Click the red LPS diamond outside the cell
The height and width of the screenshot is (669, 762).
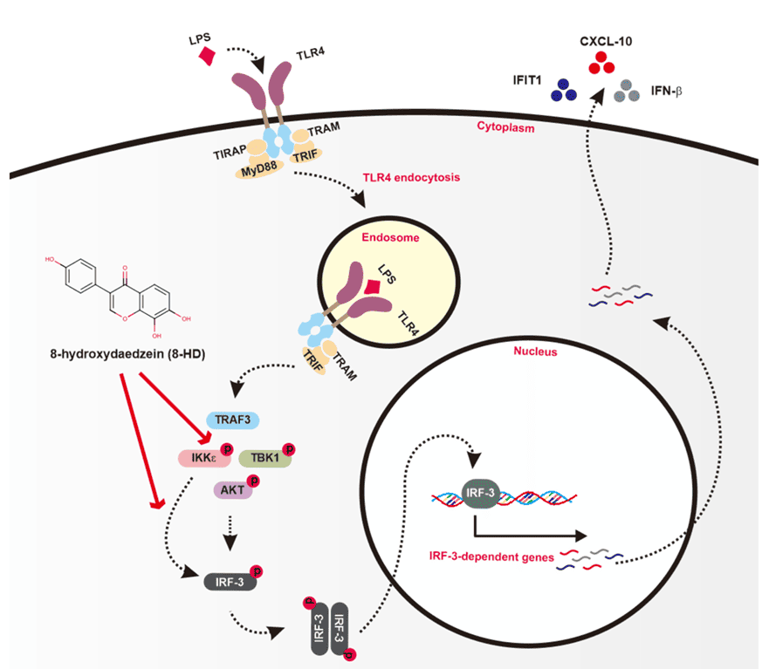pos(208,56)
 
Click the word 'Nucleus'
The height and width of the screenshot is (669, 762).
pos(535,352)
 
